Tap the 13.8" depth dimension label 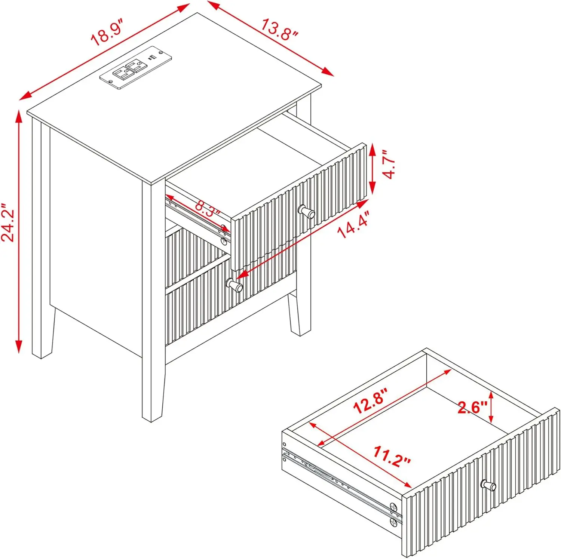tap(279, 30)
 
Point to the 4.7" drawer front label tap(389, 165)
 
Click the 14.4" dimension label tap(353, 224)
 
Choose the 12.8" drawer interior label tap(371, 400)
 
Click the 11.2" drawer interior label tap(392, 456)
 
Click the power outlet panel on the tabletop tap(135, 68)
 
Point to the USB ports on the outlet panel tap(152, 58)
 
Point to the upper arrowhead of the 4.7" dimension tap(372, 151)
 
